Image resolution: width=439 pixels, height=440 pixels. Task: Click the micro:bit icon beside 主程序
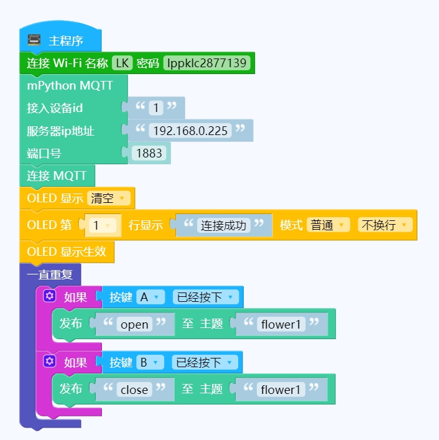(x=34, y=40)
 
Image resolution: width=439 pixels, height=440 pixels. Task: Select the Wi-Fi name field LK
(x=122, y=63)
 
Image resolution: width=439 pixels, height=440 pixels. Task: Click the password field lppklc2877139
(x=207, y=63)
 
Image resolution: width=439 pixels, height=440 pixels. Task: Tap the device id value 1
(x=155, y=108)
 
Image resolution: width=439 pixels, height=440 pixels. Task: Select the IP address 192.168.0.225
(x=190, y=131)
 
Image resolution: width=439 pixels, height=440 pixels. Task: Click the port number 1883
(x=149, y=153)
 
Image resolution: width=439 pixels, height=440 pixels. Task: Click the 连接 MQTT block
(x=57, y=176)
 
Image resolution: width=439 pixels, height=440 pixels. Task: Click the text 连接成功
(x=224, y=225)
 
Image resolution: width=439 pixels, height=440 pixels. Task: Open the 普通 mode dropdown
(x=328, y=225)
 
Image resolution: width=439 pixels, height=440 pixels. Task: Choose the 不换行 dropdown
(x=385, y=225)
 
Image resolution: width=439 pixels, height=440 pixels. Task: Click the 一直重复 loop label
(x=50, y=274)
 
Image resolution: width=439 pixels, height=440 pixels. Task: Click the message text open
(x=134, y=324)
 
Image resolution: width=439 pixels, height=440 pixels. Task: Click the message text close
(x=134, y=390)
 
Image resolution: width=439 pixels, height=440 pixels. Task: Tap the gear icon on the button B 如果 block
(x=50, y=362)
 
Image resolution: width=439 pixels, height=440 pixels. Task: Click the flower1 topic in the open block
(x=280, y=324)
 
